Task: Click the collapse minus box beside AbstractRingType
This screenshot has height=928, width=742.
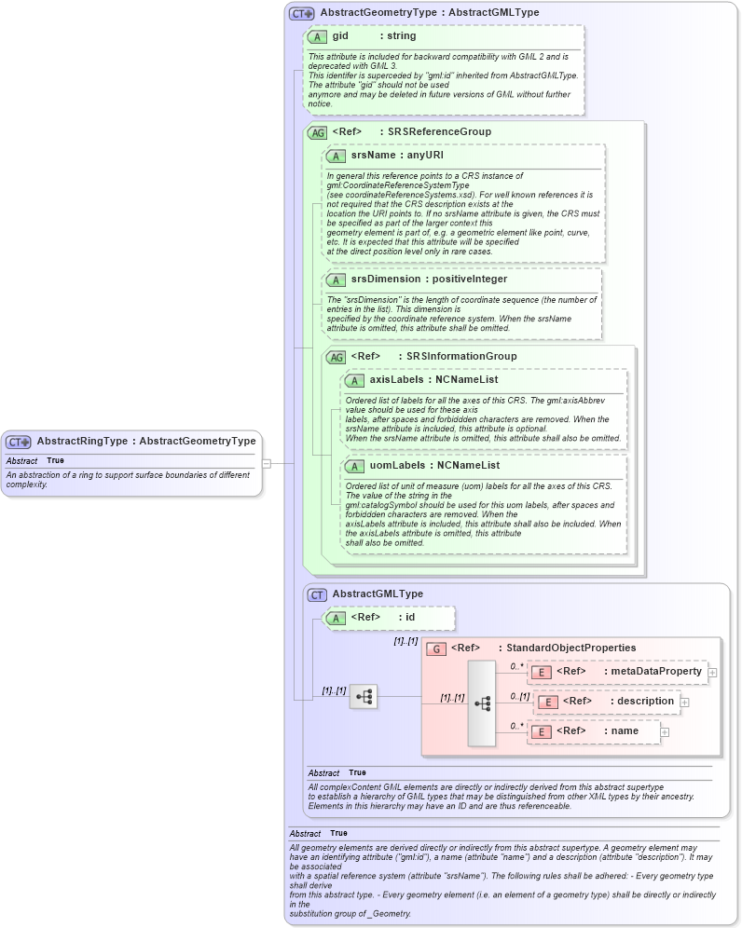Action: click(x=267, y=462)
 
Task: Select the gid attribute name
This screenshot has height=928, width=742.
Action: click(x=340, y=36)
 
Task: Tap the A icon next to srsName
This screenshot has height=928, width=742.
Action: click(x=336, y=156)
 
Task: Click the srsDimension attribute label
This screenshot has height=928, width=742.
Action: click(x=385, y=279)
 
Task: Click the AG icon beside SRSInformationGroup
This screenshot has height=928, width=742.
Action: click(x=336, y=357)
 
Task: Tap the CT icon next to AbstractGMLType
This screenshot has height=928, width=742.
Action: click(x=317, y=594)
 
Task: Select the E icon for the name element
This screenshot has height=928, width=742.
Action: click(x=541, y=731)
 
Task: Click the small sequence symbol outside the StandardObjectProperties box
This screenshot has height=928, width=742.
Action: click(x=364, y=696)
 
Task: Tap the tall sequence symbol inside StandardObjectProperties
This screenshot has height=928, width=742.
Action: click(x=482, y=703)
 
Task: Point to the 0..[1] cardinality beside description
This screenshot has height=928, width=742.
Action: click(x=520, y=696)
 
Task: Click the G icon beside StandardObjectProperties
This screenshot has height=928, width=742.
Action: click(x=435, y=648)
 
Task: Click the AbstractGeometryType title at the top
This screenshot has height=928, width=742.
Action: click(x=429, y=13)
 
